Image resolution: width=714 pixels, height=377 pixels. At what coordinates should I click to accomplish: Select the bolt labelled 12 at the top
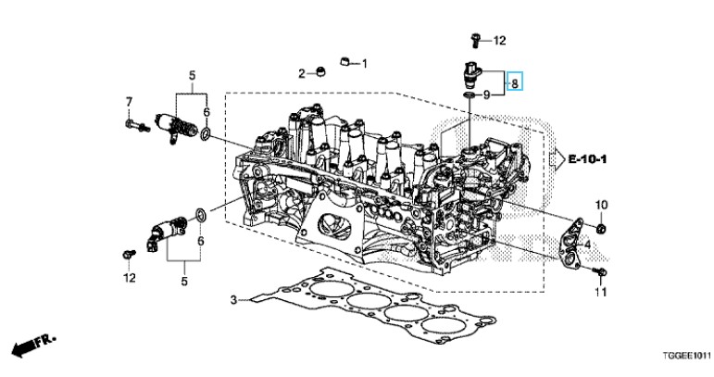click(x=475, y=39)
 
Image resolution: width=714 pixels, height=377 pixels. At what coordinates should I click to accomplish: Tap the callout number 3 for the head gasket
click(x=234, y=299)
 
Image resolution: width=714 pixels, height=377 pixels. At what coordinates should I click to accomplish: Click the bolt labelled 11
click(x=601, y=274)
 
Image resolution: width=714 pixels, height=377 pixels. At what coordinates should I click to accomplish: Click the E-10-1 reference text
click(x=589, y=160)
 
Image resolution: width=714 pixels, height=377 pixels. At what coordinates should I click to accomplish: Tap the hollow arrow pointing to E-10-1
click(x=556, y=160)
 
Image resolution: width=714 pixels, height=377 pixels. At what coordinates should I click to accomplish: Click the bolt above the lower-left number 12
click(x=128, y=253)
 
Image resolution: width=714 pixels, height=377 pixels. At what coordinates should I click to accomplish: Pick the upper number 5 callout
click(x=192, y=74)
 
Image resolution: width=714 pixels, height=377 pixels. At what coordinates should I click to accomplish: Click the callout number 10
click(x=600, y=204)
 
